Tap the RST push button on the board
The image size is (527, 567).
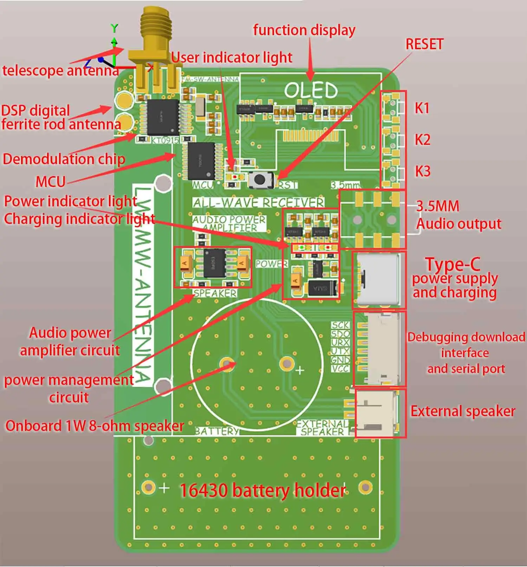260,180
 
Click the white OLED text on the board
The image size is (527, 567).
311,91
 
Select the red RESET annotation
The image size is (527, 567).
424,44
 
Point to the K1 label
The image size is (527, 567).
422,108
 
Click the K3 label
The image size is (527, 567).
422,171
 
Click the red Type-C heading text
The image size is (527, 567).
453,264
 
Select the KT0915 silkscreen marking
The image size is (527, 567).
165,140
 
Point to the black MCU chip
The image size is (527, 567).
201,161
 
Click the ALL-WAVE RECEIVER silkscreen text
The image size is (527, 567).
258,202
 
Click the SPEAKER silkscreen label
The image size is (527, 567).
215,293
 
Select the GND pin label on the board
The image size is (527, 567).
340,360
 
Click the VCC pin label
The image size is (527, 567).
340,368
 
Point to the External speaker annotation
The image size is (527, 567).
462,411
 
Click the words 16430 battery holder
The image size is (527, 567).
262,490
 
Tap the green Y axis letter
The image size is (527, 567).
114,28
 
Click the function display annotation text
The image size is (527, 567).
304,30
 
